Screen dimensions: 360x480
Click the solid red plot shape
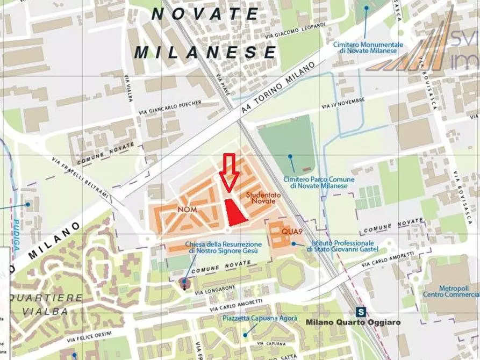[x=234, y=212]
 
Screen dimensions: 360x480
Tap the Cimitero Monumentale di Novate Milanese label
[x=368, y=47]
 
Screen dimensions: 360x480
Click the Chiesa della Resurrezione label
[x=222, y=248]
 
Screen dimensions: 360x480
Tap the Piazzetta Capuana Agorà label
[x=260, y=319]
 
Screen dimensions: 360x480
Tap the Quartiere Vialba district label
[x=46, y=304]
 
